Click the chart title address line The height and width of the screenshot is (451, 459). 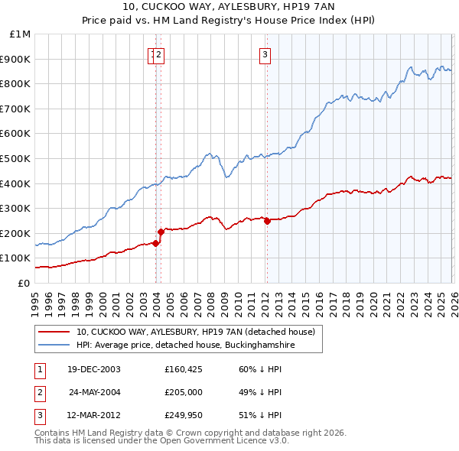click(229, 7)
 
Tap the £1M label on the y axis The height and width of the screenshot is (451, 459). click(21, 34)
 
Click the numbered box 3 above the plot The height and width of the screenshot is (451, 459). click(265, 54)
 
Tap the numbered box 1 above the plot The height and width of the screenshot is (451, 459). click(152, 54)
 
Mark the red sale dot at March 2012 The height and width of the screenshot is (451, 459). click(267, 221)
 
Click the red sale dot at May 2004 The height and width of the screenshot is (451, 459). click(161, 232)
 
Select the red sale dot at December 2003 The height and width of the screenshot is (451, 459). click(155, 243)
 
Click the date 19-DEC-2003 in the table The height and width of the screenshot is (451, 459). click(93, 369)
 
